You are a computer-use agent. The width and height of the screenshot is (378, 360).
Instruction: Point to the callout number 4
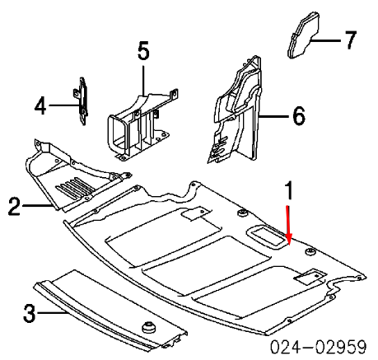click(x=40, y=105)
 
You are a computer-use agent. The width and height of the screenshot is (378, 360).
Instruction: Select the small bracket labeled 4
click(x=82, y=101)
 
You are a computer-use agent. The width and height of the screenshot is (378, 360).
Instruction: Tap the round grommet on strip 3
click(x=152, y=330)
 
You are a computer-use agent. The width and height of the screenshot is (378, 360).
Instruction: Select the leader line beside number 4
click(x=62, y=105)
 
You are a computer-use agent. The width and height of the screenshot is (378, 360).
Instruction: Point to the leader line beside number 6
click(x=274, y=117)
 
